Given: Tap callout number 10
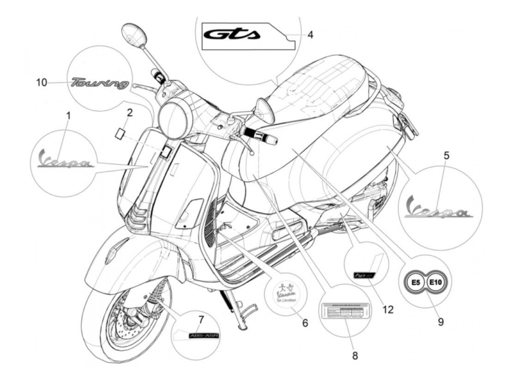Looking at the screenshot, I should [x=41, y=82].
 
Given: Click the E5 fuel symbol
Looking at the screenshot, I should [x=415, y=283].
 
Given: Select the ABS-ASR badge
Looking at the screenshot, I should [x=203, y=335].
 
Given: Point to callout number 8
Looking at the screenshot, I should [x=355, y=355].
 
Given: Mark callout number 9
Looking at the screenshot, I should [x=441, y=322].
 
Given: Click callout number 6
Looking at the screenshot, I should [x=304, y=323].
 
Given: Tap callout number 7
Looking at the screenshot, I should [x=200, y=320].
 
